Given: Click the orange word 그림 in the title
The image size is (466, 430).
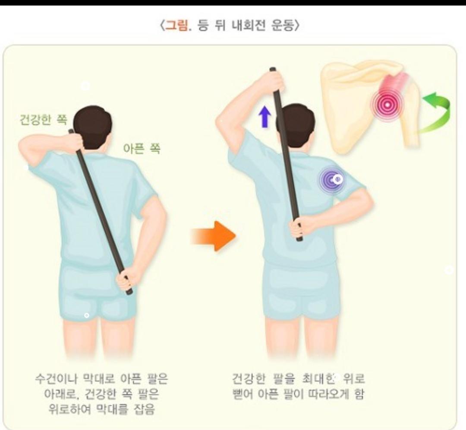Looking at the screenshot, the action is click(176, 26).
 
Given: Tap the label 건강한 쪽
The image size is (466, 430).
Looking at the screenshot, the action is click(44, 120).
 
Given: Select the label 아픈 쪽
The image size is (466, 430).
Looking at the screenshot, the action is click(142, 148).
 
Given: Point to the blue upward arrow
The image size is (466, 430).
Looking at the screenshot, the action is click(265, 117).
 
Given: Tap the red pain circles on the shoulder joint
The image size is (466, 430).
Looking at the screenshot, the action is click(387, 105).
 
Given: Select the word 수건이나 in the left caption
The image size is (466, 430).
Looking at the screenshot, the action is click(57, 379).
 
